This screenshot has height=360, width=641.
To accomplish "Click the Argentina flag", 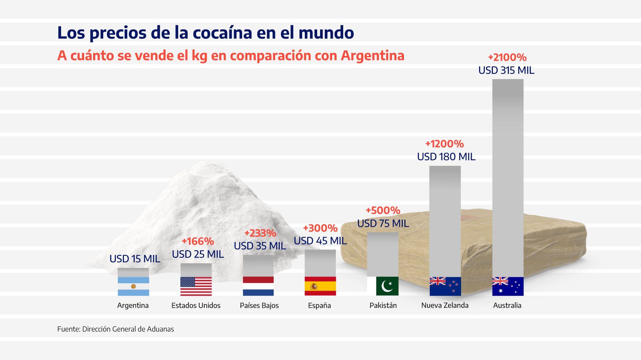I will (x=133, y=286).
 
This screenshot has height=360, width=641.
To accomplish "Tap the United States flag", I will (x=196, y=286).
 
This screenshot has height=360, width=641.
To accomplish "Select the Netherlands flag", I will (x=258, y=286).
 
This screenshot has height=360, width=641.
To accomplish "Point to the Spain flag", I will (x=320, y=286).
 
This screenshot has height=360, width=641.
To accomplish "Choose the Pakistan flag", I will (x=383, y=286).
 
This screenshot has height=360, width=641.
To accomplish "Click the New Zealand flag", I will (x=445, y=286).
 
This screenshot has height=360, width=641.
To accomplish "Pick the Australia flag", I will (x=508, y=286).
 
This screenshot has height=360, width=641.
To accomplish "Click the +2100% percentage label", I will (x=507, y=57).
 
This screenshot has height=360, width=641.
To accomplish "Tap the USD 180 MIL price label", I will (x=446, y=157).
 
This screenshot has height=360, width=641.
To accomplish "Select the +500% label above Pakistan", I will (x=383, y=211).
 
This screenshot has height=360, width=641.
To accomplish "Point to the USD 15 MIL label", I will (x=135, y=259).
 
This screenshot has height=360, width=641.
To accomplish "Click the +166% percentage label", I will (x=198, y=241).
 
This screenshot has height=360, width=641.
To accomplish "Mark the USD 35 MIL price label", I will (x=260, y=246).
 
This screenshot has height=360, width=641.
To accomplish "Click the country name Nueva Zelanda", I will (x=445, y=305).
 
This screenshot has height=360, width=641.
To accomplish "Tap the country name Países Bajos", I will (x=259, y=305).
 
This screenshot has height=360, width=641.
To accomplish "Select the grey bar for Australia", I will (x=508, y=177).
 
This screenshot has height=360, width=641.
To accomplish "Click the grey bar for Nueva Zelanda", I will (x=445, y=220).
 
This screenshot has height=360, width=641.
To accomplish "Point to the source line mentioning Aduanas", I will (x=116, y=329).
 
